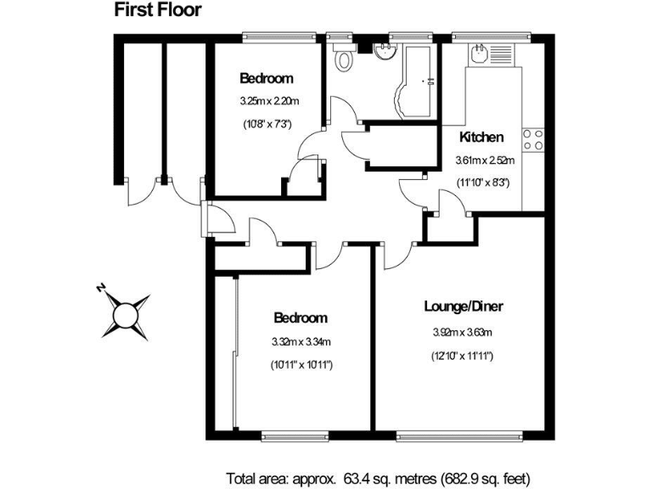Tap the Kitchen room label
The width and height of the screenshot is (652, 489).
(x=482, y=137)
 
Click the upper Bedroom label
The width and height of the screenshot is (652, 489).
(x=266, y=79)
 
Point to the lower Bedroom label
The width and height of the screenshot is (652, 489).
(x=300, y=318)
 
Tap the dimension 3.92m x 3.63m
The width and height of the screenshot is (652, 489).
(x=458, y=332)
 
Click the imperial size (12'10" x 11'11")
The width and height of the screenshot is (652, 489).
(x=458, y=356)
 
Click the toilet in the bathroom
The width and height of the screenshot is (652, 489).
(x=345, y=59)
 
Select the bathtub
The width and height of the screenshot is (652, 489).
(x=418, y=80)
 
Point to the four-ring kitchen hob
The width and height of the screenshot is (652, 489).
(x=533, y=139)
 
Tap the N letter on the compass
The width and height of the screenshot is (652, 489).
(x=100, y=288)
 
